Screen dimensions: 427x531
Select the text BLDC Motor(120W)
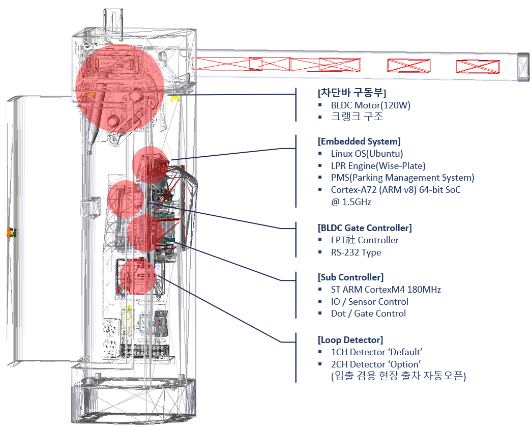(370, 105)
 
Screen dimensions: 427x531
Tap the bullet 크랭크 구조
(357, 117)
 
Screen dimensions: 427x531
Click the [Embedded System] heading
(359, 141)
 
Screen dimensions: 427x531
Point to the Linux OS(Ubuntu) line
(367, 153)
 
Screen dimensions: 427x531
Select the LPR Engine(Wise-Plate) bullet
(378, 165)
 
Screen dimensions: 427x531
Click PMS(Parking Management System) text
(402, 178)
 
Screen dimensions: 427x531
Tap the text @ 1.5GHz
(351, 202)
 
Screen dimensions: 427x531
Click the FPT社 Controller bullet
(365, 240)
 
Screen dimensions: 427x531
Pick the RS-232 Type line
(356, 252)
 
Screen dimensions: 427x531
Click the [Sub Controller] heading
(350, 277)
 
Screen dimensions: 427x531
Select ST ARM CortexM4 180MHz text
(386, 290)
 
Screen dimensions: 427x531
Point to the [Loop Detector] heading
(350, 339)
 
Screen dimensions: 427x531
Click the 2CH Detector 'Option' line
(375, 364)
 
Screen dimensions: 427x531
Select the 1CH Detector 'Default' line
(377, 352)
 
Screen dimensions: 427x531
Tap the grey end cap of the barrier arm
(523, 66)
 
